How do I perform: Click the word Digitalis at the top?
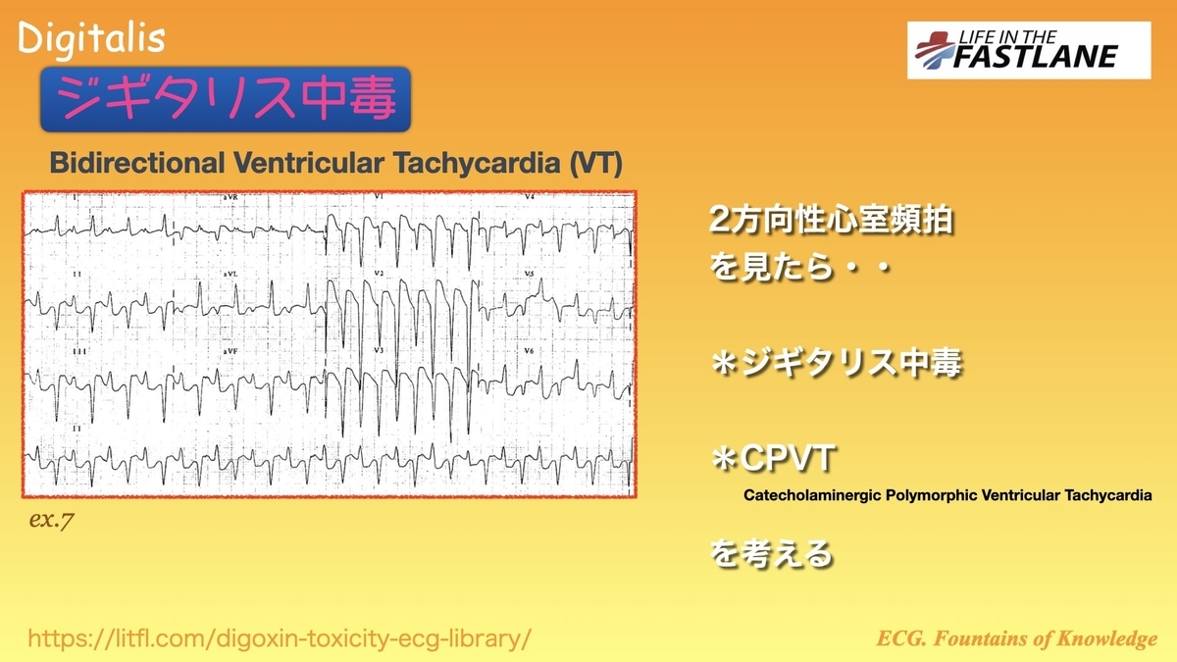click(x=91, y=39)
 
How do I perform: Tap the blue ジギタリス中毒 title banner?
click(x=226, y=99)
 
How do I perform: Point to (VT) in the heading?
click(x=596, y=163)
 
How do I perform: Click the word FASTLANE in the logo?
click(x=1035, y=57)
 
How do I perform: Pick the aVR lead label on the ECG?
click(x=230, y=197)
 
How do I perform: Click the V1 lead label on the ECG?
click(x=379, y=196)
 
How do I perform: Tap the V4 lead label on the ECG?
click(x=530, y=196)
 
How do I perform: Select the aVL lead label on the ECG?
click(x=230, y=275)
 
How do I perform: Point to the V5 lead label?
click(x=530, y=275)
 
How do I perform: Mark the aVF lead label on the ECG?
click(x=230, y=350)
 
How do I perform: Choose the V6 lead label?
click(x=529, y=350)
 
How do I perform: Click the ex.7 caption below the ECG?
click(x=51, y=520)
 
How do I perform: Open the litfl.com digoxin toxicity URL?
click(x=280, y=638)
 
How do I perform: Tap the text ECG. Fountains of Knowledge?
click(x=1017, y=638)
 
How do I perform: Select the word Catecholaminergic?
click(x=812, y=495)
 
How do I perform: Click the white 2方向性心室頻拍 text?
click(x=832, y=220)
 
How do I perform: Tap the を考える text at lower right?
click(x=771, y=554)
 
